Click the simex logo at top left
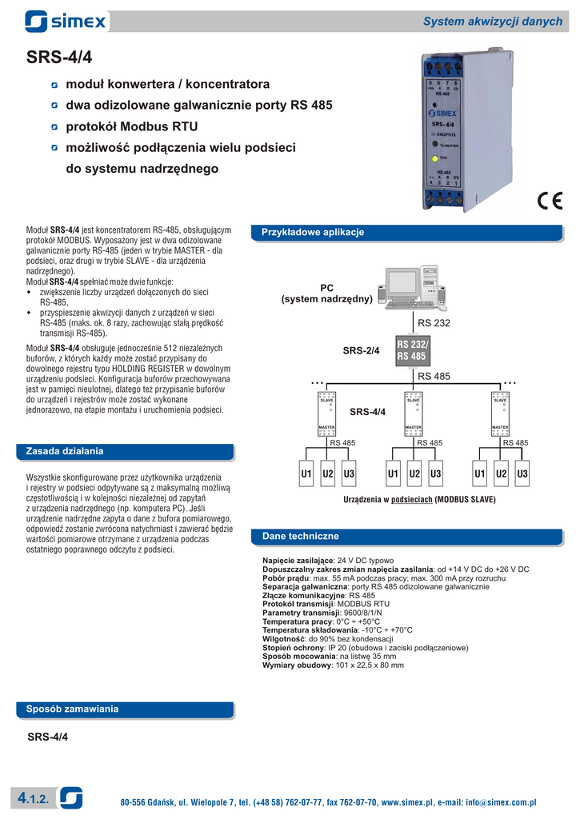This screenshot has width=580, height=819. point(66,21)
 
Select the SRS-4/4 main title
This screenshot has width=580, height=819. point(59,58)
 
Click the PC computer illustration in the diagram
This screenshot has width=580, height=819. point(411,288)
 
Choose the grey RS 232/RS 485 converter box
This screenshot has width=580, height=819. point(412,350)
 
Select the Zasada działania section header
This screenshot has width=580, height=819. point(65,451)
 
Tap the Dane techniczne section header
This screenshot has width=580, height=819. point(300,536)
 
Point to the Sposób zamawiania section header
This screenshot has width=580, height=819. point(72,709)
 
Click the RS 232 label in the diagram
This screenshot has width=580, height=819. point(435,322)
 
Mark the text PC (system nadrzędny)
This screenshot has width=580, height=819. point(326,293)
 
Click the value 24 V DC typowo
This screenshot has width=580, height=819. point(366,560)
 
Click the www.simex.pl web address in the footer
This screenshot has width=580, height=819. point(406,802)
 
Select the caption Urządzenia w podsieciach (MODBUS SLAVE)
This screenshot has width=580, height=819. point(419,499)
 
